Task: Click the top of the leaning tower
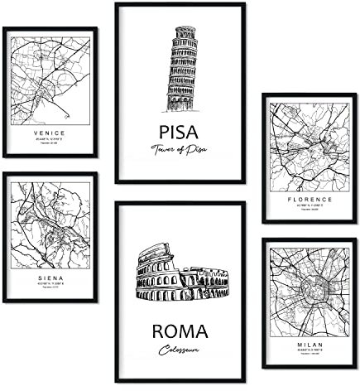(185, 32)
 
